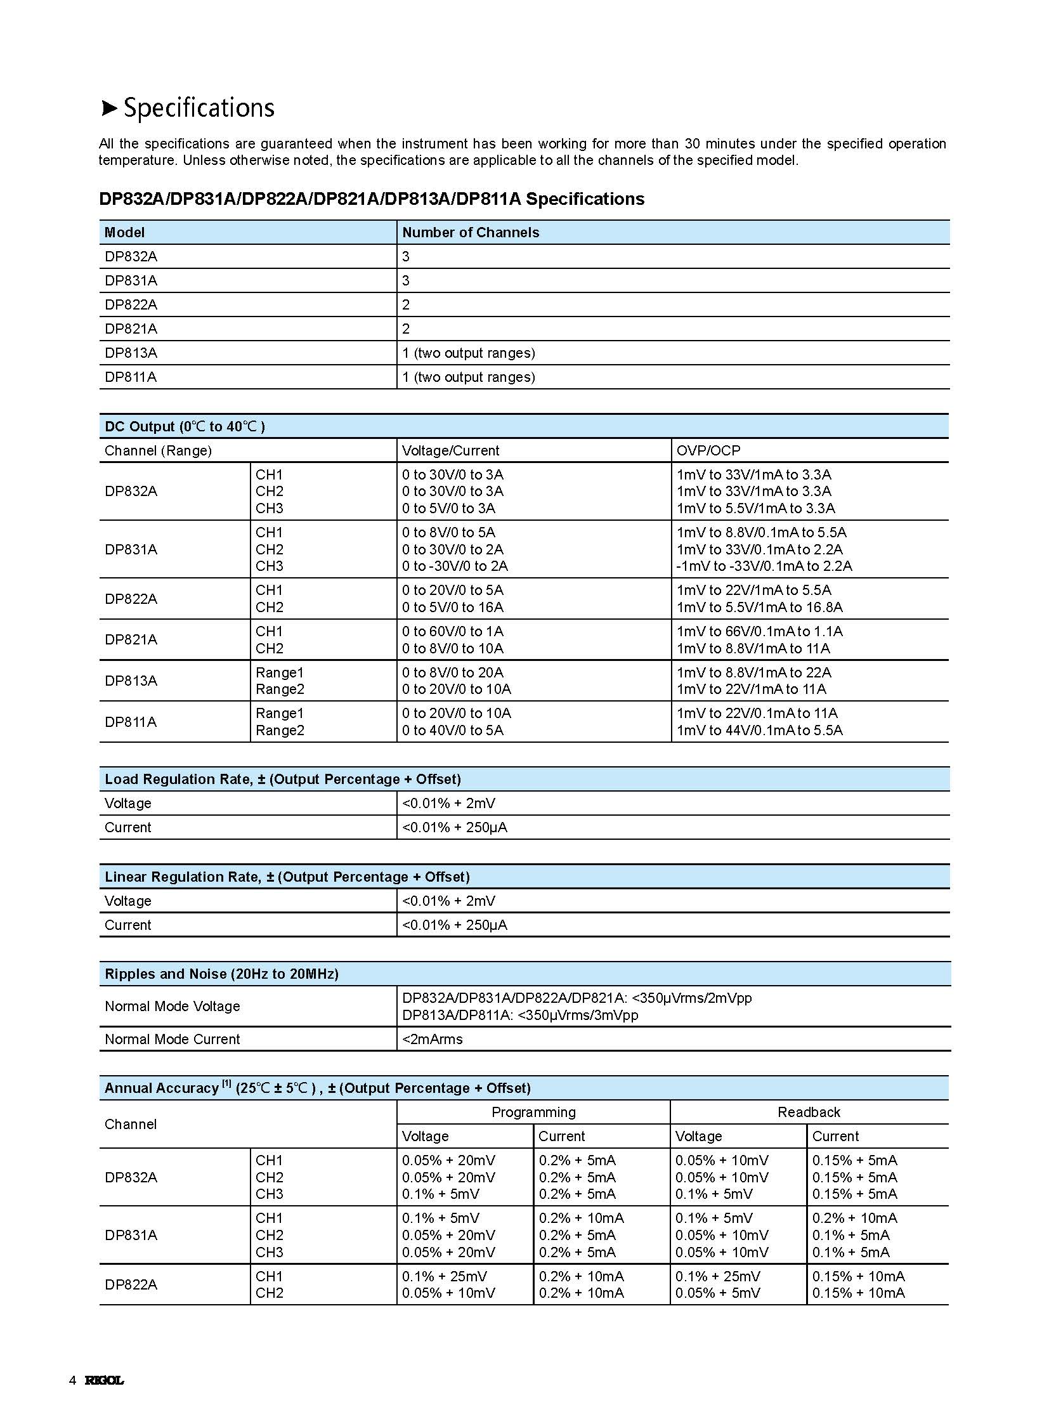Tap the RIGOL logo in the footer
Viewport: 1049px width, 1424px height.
104,1380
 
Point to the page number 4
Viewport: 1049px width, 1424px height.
72,1380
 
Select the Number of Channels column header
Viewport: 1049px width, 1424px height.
471,232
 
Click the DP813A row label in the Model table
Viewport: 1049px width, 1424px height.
131,353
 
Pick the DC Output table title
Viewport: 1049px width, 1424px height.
185,426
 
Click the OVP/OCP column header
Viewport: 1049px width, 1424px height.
708,450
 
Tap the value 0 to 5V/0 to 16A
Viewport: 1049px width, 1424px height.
452,607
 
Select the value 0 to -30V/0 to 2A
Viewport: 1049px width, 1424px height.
455,566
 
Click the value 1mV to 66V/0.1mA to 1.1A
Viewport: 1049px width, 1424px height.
759,631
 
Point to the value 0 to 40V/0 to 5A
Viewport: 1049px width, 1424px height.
452,731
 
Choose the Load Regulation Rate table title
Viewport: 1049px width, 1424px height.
283,780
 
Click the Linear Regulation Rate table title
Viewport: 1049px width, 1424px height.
287,877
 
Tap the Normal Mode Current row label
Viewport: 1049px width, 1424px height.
172,1039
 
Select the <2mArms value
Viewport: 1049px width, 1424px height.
433,1039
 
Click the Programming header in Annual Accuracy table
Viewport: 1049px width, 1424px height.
533,1112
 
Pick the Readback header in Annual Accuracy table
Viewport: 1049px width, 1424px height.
809,1112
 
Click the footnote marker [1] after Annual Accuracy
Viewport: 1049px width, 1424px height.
226,1084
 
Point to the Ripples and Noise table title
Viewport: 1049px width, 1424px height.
221,974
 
